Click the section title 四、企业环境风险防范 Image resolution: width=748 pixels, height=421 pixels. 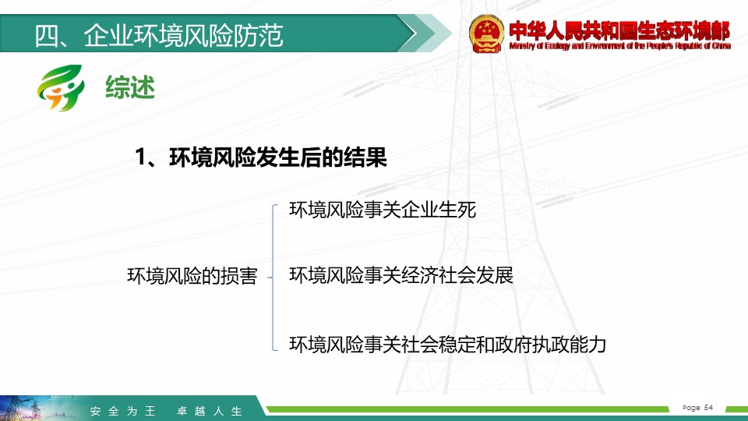pos(159,35)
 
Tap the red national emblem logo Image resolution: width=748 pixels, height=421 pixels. pos(486,34)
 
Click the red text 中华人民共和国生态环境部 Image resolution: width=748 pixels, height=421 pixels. pos(619,30)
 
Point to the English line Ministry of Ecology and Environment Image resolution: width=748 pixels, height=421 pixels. pos(619,46)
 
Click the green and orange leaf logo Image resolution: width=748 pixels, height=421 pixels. pos(61,88)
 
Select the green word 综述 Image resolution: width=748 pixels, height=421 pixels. pos(130,87)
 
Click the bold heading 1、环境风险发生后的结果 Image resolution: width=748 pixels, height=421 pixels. pos(261,157)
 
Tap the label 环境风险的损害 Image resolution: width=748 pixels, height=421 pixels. pos(192,276)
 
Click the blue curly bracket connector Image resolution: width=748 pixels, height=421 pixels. pos(273,278)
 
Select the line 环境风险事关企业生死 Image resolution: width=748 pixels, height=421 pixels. pos(383,210)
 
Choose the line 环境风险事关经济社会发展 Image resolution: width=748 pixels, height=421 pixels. pos(401,275)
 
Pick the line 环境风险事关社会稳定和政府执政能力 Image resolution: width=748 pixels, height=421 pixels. pos(447,344)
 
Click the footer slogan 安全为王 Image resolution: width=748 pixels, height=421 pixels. pos(122,411)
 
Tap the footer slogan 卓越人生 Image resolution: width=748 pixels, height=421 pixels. pos(210,411)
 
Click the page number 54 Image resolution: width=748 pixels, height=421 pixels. pos(708,407)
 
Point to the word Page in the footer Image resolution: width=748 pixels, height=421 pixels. pos(692,408)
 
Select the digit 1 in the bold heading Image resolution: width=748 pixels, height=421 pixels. pos(140,157)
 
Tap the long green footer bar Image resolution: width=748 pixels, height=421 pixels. pos(467,409)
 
